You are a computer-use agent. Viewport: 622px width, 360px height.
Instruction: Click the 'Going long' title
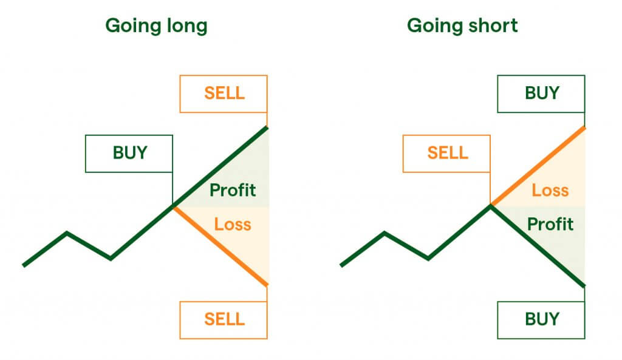(x=156, y=26)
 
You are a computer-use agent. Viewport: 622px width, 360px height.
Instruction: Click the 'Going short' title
(x=462, y=26)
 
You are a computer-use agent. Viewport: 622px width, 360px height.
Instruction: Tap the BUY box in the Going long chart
(x=129, y=153)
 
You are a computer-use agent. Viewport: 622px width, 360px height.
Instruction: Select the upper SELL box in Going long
(x=224, y=93)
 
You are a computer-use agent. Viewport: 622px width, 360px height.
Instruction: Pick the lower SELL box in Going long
(x=224, y=319)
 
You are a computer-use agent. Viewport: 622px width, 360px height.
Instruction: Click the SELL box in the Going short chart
(x=447, y=153)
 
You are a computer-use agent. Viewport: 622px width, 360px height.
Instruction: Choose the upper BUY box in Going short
(x=541, y=93)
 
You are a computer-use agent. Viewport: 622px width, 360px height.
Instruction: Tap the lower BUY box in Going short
(x=541, y=319)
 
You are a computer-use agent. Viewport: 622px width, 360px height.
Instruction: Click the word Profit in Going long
(x=233, y=190)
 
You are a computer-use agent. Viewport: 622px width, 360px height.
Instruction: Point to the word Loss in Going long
(x=232, y=225)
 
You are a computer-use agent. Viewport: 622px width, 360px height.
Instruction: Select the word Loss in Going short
(x=550, y=191)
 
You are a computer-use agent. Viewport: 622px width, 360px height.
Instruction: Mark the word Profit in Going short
(x=550, y=225)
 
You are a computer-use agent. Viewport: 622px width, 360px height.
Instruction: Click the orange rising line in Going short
(x=538, y=167)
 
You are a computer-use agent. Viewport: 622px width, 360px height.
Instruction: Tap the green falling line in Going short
(x=538, y=246)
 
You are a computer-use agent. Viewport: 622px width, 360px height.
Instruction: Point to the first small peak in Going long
(x=67, y=233)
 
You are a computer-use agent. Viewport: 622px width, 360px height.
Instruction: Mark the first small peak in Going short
(x=384, y=233)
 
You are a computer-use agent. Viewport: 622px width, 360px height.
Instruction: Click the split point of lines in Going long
(x=174, y=206)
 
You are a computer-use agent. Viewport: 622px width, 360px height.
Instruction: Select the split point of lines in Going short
(x=491, y=206)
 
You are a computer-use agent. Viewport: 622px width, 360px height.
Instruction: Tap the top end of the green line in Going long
(x=266, y=127)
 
